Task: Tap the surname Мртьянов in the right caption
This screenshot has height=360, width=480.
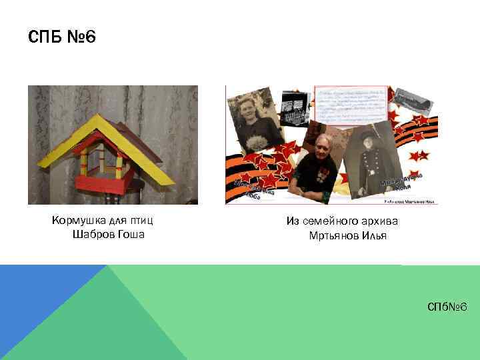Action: tap(333, 236)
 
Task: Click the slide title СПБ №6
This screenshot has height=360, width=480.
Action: tap(62, 37)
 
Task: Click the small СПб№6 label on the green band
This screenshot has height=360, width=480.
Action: tap(448, 306)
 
